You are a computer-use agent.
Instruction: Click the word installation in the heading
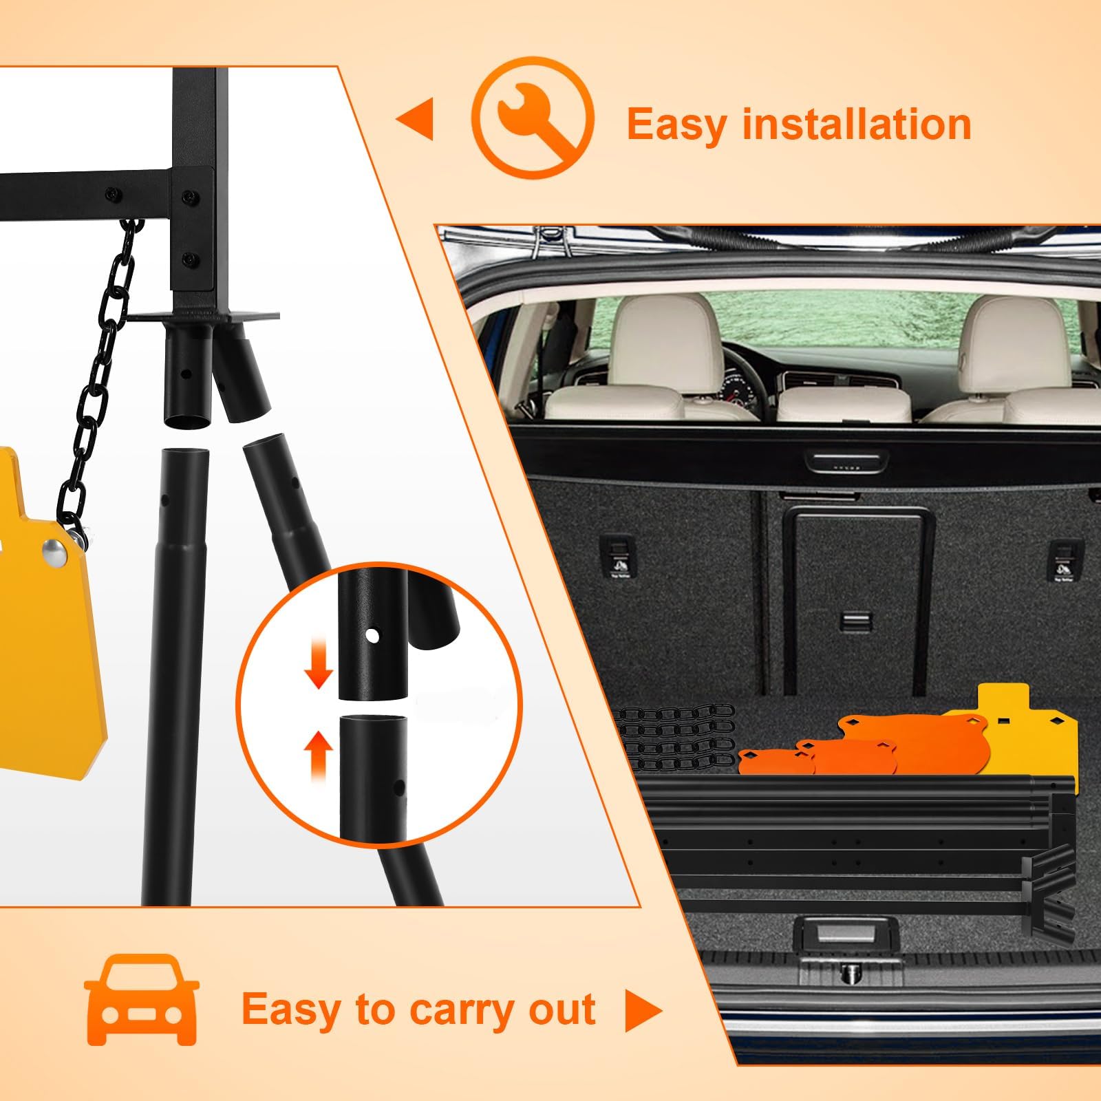pos(857,125)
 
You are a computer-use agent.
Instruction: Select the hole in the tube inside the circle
pos(372,635)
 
